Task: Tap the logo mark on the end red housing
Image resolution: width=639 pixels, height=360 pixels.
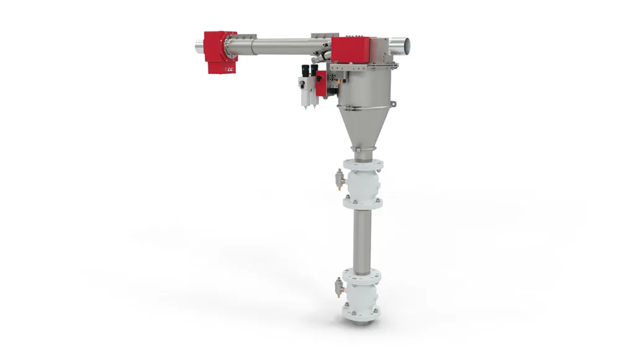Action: [x=230, y=70]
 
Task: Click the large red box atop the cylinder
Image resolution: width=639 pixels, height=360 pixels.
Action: [x=352, y=49]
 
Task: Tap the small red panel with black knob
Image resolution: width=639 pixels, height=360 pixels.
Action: [x=321, y=86]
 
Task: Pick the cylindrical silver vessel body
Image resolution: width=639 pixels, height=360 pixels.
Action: [x=363, y=87]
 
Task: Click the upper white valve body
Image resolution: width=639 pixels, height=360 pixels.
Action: [x=363, y=184]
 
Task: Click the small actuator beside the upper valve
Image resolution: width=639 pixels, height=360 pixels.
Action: [x=339, y=179]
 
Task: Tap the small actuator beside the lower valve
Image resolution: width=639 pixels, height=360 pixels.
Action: [x=339, y=286]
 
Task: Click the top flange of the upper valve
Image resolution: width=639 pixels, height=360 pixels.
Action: [x=363, y=165]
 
